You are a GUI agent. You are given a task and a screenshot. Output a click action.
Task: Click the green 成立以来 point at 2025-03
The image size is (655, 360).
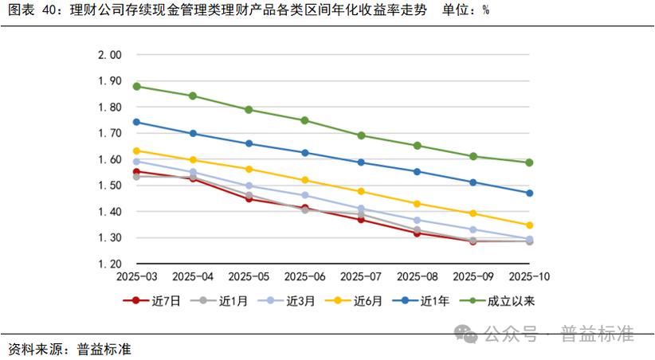coord(137,86)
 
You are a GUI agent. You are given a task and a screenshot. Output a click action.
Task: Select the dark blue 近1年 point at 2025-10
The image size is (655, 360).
coord(529,193)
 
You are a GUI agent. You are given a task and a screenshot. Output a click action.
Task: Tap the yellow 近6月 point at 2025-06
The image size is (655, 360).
coord(305,180)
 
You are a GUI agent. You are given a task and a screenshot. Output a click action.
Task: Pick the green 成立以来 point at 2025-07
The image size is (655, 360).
coord(361,135)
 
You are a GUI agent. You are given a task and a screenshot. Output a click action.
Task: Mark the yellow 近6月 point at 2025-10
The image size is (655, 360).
coord(529,225)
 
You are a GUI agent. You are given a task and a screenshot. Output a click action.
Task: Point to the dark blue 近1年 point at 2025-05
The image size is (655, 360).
coord(249,143)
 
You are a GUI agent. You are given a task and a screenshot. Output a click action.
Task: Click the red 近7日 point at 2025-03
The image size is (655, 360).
coord(137,171)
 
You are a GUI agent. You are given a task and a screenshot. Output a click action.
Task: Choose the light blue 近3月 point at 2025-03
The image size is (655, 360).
coord(137,161)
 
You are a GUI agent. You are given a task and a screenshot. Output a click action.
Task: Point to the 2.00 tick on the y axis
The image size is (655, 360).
coord(109,55)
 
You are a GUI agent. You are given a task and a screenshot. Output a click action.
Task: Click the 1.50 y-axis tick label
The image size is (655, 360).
coord(109,186)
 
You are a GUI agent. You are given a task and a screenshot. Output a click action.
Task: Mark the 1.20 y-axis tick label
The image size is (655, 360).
coord(109,264)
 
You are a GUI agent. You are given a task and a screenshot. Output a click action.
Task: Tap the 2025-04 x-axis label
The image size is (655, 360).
coord(193,276)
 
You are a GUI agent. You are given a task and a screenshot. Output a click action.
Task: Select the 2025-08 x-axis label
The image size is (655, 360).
coord(417,276)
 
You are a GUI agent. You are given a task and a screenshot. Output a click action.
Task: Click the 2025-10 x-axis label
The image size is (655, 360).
coord(529,276)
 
